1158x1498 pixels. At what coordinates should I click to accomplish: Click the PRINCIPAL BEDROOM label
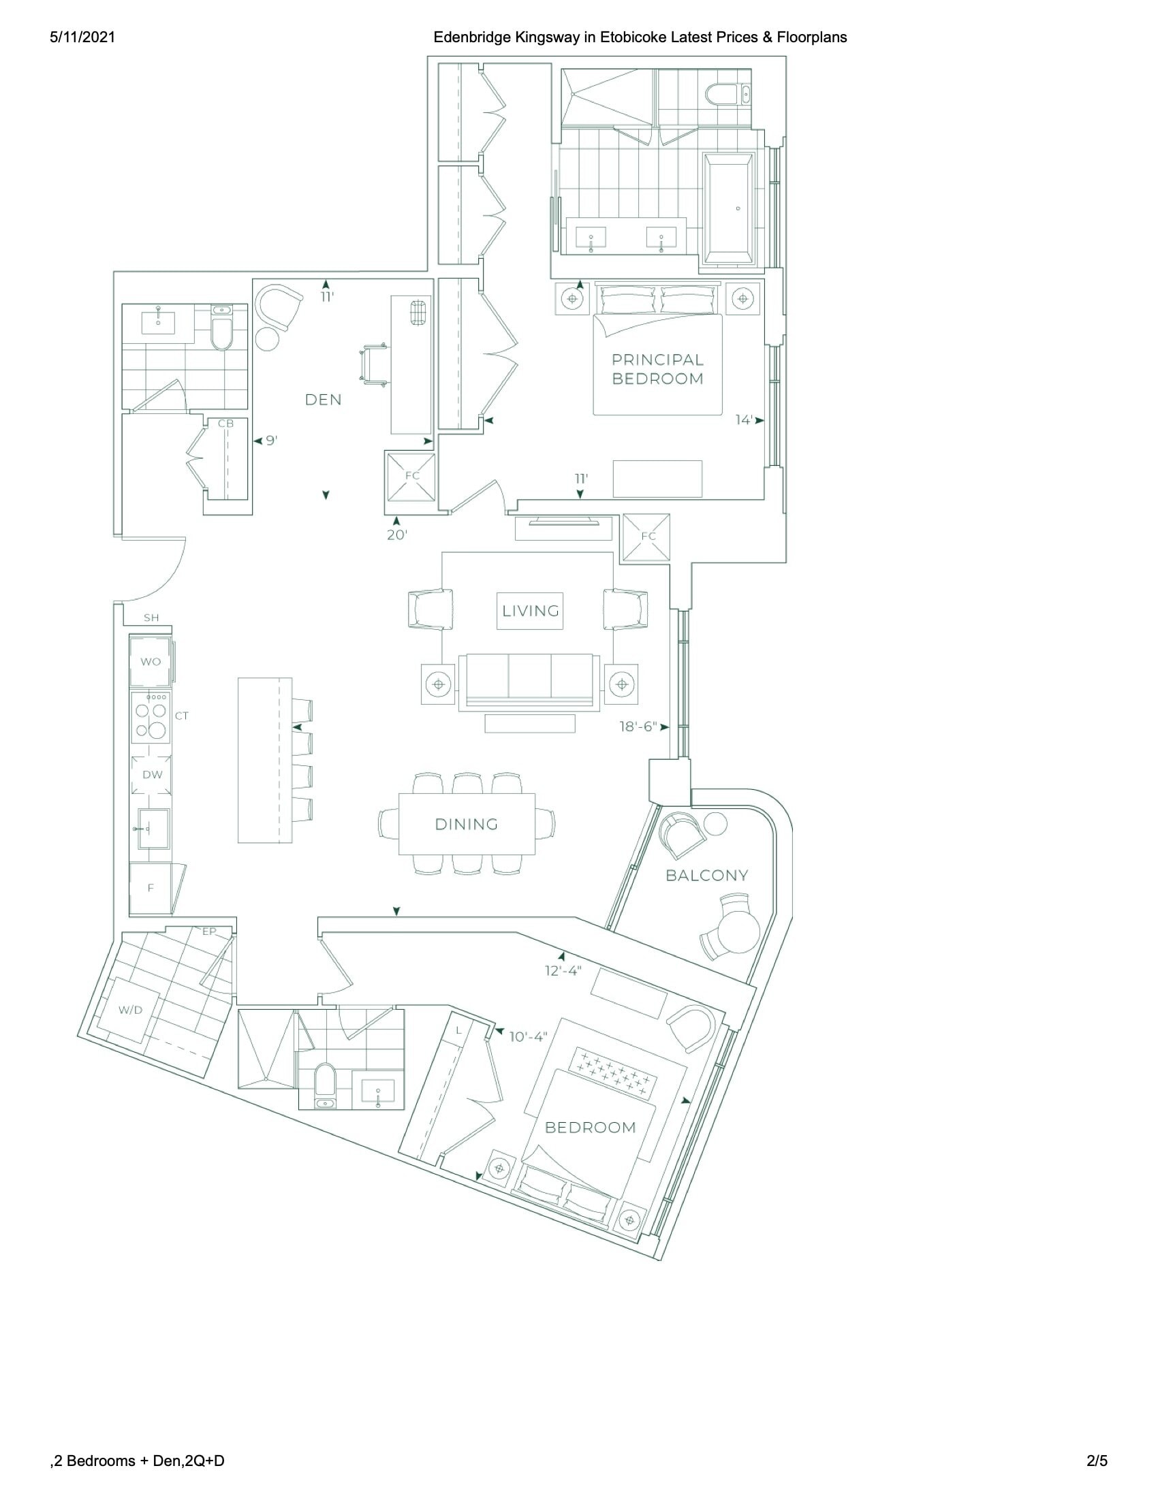click(658, 369)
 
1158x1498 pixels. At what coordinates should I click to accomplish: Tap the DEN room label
click(323, 399)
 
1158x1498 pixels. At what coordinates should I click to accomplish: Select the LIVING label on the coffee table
click(530, 611)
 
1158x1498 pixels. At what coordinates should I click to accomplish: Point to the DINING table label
click(467, 824)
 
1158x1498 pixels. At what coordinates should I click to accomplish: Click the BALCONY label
click(707, 875)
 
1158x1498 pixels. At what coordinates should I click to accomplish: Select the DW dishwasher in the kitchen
click(152, 775)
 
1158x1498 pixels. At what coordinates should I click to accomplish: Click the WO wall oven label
click(151, 662)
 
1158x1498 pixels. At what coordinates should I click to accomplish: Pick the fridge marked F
click(151, 888)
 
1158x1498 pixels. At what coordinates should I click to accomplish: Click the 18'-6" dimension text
click(638, 727)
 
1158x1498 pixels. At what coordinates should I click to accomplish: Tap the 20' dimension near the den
click(397, 535)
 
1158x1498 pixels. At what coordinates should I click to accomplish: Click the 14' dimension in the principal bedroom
click(745, 419)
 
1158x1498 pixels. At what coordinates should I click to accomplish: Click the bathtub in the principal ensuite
click(730, 208)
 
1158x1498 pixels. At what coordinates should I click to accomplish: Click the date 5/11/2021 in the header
click(82, 37)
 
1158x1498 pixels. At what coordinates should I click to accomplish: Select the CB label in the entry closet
click(225, 424)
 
